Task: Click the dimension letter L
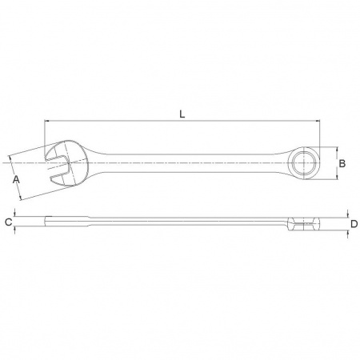click(x=182, y=114)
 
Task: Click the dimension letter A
click(x=16, y=180)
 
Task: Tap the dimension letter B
click(x=342, y=163)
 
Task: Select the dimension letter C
click(x=9, y=222)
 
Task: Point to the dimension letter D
click(x=354, y=224)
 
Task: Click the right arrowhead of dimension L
click(x=317, y=121)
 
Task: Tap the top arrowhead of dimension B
click(x=337, y=150)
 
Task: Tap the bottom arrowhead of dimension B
click(x=337, y=177)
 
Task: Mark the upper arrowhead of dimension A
click(x=10, y=158)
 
